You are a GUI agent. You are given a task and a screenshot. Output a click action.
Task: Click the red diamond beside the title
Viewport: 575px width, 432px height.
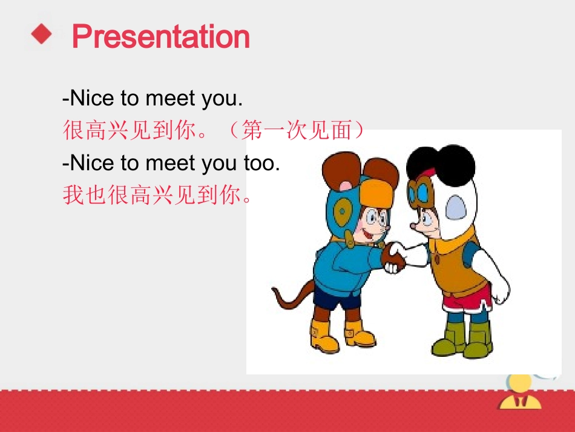click(x=42, y=34)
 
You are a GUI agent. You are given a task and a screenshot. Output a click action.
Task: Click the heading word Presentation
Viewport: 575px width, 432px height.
click(x=160, y=37)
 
